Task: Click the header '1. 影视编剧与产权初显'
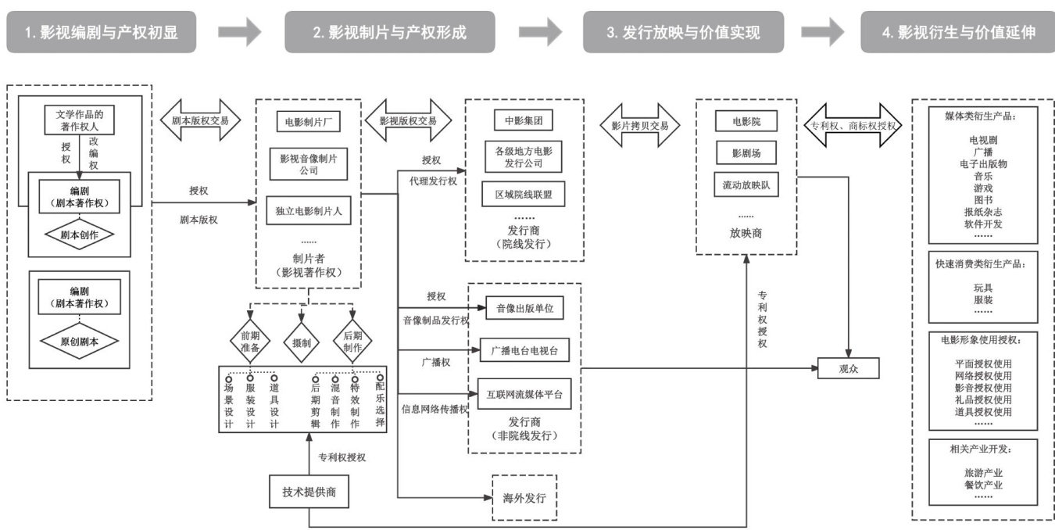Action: [x=102, y=32]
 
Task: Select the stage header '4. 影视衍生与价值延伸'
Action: [x=957, y=32]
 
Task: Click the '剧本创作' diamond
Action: [x=79, y=235]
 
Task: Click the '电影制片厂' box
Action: [x=309, y=123]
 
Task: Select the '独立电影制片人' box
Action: [x=309, y=210]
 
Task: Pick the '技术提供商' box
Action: [x=309, y=492]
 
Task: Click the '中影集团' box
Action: [x=524, y=121]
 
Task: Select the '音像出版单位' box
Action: [x=524, y=308]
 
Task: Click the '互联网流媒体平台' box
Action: [x=524, y=392]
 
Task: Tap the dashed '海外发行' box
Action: [x=524, y=497]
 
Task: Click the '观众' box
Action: [x=849, y=368]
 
